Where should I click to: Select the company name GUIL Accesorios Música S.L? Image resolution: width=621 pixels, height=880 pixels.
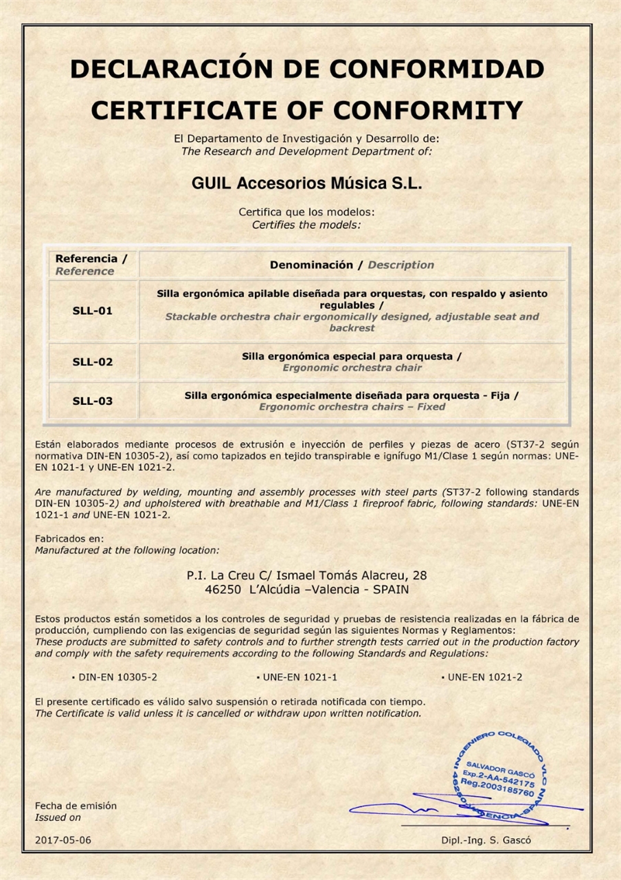(306, 184)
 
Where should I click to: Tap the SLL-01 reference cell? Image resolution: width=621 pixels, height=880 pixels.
(92, 311)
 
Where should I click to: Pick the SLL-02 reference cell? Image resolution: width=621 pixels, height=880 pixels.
(92, 362)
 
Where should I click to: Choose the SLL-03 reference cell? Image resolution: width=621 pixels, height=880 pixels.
(92, 401)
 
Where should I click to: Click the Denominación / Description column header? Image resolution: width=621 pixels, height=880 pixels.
(352, 265)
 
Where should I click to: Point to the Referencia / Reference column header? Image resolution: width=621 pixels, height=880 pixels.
(91, 265)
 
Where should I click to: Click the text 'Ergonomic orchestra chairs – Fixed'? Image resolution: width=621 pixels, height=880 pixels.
(352, 406)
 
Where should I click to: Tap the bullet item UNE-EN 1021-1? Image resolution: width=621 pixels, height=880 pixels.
(300, 677)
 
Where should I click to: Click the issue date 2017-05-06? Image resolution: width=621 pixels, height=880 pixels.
(63, 840)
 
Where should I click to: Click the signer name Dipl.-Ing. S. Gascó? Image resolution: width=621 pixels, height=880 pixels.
(486, 841)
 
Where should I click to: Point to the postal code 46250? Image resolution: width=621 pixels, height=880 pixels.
(223, 589)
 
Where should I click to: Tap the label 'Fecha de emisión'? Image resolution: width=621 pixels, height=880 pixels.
(76, 806)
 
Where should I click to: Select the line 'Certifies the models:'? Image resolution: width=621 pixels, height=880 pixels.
(306, 224)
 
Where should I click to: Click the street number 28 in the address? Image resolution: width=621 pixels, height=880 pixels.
(420, 575)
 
